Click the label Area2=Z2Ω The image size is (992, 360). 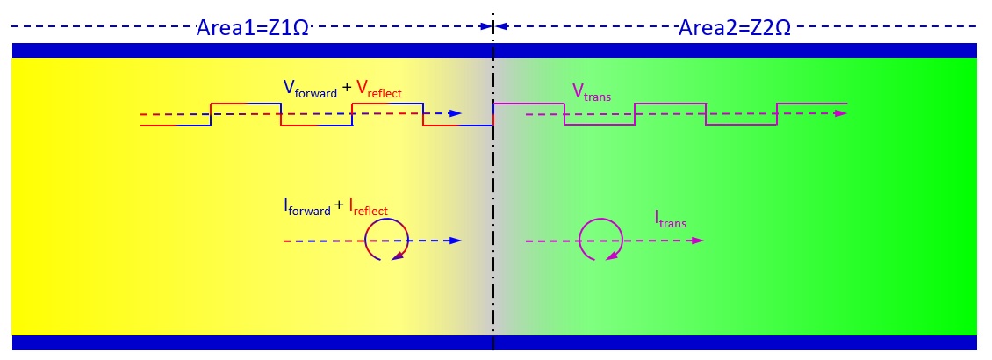[734, 27]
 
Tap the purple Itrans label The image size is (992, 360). [670, 218]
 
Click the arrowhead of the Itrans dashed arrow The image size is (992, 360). [697, 240]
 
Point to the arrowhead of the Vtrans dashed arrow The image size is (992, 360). [841, 114]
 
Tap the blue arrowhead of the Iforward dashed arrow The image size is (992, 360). [455, 240]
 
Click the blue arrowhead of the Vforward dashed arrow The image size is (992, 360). [455, 114]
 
